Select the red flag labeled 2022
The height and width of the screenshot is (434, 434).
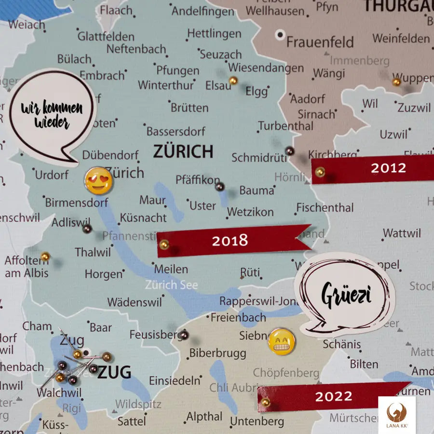[333, 396]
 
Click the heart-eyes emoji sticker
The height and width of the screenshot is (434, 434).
[98, 180]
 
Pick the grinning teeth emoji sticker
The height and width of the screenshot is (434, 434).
[281, 342]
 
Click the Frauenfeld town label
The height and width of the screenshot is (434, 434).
[320, 42]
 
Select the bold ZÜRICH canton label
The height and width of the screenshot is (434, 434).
[183, 151]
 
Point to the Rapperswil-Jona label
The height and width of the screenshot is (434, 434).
[260, 301]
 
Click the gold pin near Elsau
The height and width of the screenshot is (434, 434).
[233, 81]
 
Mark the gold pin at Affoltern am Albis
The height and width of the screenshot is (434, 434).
[45, 256]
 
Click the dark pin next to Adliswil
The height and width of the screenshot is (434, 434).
[87, 229]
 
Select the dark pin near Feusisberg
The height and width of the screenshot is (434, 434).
[183, 335]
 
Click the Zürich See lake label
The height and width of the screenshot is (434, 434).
[172, 285]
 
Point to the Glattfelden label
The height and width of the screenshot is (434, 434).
[106, 36]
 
